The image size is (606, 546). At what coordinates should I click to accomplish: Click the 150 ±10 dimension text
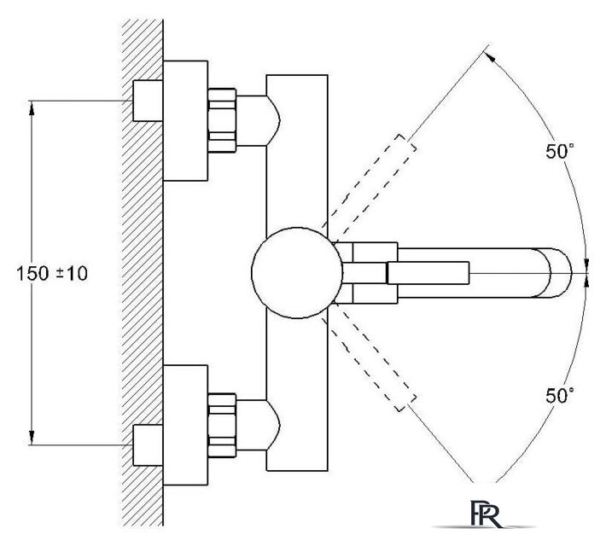pos(52,274)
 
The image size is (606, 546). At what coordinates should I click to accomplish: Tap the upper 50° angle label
pos(560,151)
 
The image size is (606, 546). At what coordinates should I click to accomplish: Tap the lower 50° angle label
pos(560,395)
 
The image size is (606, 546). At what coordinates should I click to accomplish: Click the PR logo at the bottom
pos(487,514)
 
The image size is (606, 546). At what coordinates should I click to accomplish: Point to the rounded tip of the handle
pos(570,273)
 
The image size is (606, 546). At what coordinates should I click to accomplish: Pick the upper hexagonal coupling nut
pos(222,120)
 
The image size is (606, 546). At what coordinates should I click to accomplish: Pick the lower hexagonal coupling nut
pos(222,425)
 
